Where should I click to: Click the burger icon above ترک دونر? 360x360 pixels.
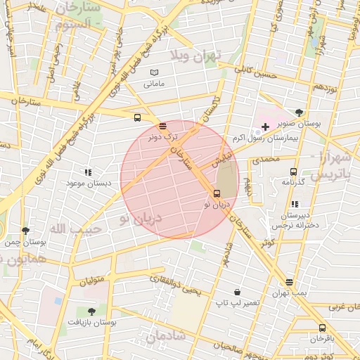point(163,126)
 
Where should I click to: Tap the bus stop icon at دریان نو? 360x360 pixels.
point(217,193)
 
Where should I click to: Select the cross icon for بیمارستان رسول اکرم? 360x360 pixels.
point(265,127)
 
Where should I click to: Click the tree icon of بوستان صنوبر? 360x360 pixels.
point(300,112)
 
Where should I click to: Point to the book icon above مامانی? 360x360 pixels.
point(155,72)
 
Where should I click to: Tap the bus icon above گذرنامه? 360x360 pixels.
point(293,171)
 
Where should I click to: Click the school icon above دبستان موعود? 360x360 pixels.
point(88,172)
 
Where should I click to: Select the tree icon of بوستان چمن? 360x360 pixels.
point(26,231)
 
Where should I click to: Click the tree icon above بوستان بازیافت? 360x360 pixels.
point(91,311)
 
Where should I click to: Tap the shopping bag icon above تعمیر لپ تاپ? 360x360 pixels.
point(238,291)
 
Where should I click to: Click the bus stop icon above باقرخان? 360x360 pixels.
point(322,328)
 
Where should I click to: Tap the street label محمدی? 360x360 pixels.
point(266,160)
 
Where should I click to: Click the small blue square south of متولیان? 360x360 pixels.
point(58,300)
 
